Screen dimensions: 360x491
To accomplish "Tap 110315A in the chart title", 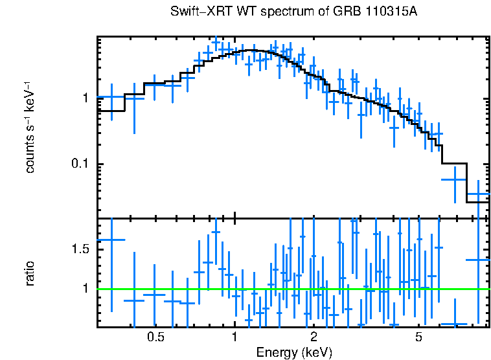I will point(387,13).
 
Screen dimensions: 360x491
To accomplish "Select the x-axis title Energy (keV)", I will point(294,352).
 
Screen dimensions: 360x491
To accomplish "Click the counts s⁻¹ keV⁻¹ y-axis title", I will point(30,127).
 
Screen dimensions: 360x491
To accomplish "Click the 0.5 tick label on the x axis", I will point(155,337).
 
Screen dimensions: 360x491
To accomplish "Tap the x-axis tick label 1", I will point(234,337).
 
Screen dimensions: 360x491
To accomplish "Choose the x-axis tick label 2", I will point(314,337).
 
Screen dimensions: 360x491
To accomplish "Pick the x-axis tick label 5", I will point(418,337).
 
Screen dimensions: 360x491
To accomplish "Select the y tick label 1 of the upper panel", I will point(84,98).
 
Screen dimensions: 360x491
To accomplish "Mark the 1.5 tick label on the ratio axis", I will point(78,249).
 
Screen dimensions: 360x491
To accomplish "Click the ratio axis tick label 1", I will point(84,288).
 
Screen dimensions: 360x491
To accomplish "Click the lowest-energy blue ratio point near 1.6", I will point(111,240).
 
